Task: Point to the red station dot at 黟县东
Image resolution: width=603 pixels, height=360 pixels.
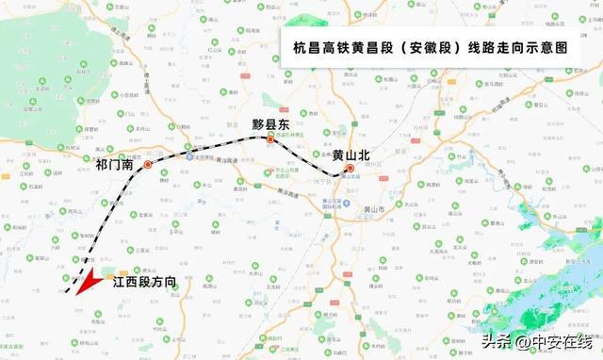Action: (270, 140)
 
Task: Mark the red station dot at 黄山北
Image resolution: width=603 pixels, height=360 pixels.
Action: (350, 170)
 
